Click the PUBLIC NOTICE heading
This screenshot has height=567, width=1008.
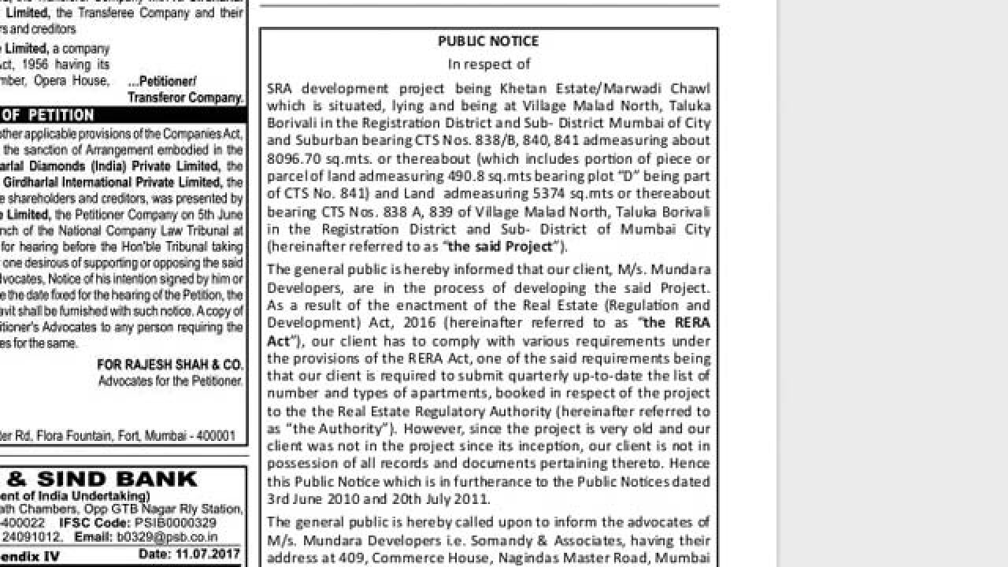[488, 41]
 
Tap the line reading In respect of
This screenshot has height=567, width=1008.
[488, 64]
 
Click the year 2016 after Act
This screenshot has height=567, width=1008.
[420, 323]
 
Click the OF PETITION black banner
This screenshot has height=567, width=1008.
[47, 115]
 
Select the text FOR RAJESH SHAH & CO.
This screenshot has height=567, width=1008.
[170, 365]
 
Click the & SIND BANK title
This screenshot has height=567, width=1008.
[102, 479]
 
